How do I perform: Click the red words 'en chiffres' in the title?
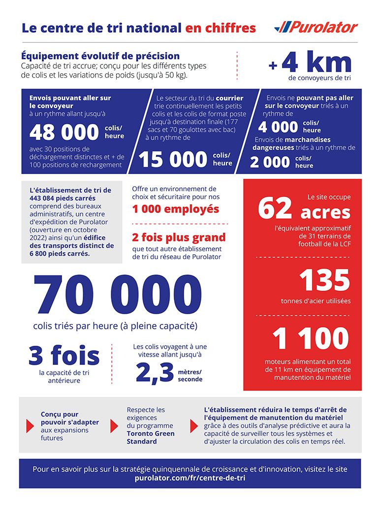[x=220, y=28]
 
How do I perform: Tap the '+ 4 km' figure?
[x=310, y=64]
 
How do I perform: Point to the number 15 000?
[x=172, y=159]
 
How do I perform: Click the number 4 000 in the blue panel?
[x=278, y=126]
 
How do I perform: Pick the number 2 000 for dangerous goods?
[x=270, y=162]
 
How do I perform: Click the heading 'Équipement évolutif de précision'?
[x=100, y=56]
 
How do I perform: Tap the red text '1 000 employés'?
[x=175, y=208]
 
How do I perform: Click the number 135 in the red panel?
[x=324, y=280]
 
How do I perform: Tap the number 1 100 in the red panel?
[x=311, y=339]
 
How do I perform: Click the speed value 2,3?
[x=153, y=373]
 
